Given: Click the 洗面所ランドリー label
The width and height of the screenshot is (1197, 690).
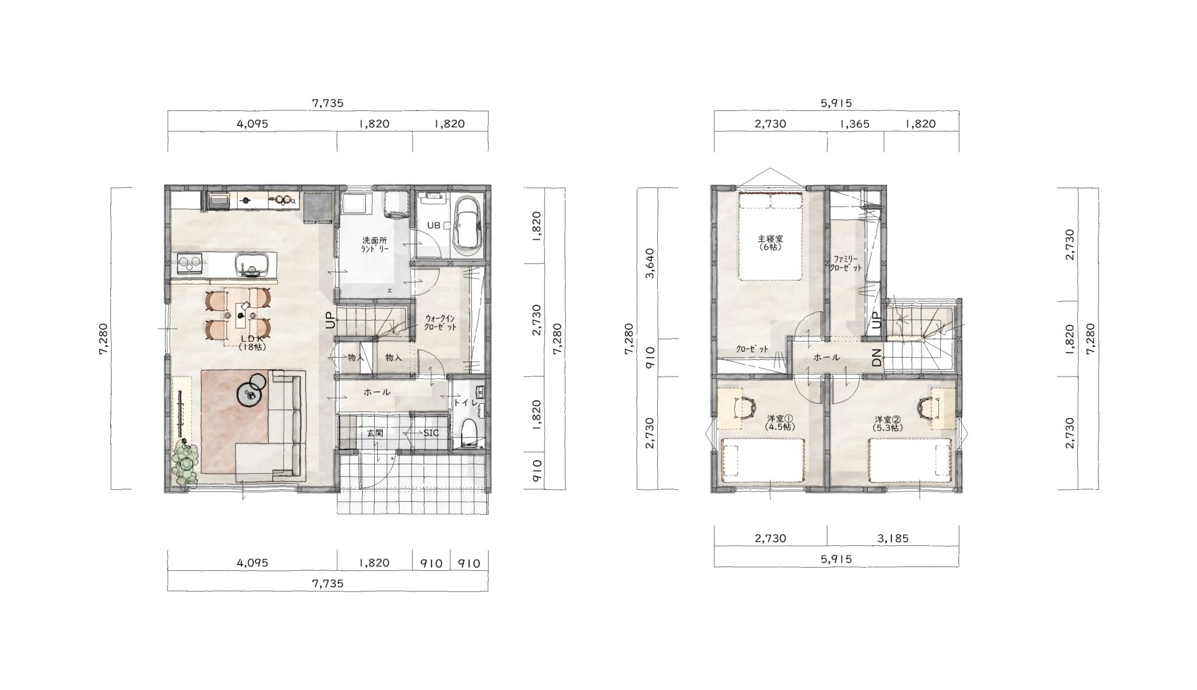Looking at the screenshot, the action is (375, 244).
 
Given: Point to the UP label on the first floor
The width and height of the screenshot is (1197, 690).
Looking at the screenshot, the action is (330, 320).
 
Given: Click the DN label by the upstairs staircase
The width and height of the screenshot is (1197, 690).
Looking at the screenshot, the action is (877, 358).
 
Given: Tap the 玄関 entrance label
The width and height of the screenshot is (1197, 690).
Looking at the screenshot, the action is (374, 433).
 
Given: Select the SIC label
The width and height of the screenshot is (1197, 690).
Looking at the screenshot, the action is (431, 433).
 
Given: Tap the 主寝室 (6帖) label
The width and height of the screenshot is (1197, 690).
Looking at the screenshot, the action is (770, 242).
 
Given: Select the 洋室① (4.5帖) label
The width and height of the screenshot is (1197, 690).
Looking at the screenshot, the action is (779, 423).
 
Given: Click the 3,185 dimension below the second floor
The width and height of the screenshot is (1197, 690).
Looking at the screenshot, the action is (893, 539).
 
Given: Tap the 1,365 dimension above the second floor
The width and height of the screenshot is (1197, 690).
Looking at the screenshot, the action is (855, 123).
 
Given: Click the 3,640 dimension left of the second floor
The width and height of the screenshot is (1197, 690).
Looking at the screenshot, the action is (650, 264).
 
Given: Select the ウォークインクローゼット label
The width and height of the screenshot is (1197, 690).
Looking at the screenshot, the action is (440, 322).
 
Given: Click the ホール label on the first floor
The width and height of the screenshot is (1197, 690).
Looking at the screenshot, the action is (377, 392).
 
